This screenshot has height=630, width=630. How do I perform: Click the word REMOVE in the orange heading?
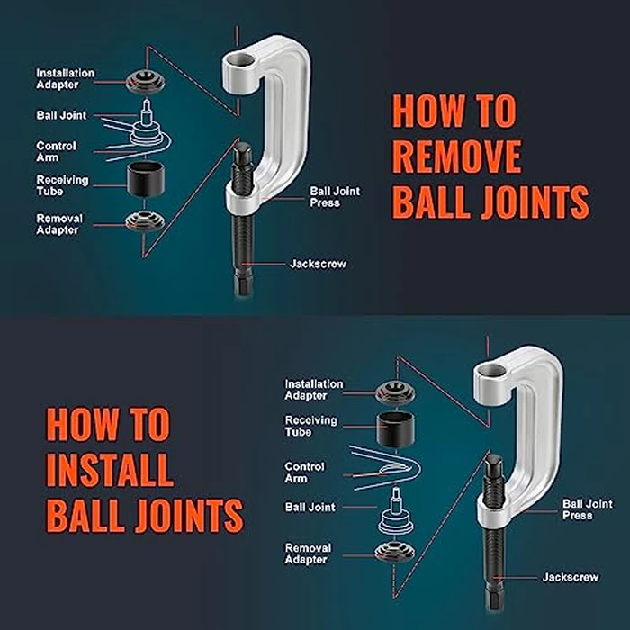(x=456, y=157)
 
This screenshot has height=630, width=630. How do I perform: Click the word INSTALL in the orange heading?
(x=110, y=469)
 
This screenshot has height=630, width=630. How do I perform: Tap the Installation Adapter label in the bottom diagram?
(x=314, y=390)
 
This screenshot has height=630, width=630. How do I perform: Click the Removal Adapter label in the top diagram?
(x=59, y=224)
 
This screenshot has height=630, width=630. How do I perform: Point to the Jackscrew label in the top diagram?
(x=318, y=264)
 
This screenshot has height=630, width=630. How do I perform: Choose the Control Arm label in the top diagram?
(x=56, y=151)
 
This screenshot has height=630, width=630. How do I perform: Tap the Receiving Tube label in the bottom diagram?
(x=310, y=426)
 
